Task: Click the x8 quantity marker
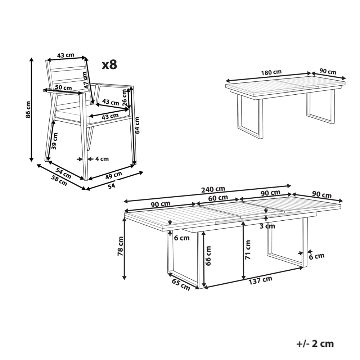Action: [109, 65]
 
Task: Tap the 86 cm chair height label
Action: [28, 109]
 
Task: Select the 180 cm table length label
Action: [271, 73]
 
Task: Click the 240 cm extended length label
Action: [213, 189]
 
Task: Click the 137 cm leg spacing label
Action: [260, 280]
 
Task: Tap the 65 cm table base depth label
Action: [181, 285]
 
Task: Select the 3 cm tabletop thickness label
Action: [267, 226]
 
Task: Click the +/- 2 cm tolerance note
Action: [315, 343]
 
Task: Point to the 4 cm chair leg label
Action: [102, 159]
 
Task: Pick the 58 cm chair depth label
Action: [59, 180]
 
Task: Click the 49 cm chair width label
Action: [114, 175]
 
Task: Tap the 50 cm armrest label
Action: [63, 87]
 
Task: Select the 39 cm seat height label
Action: [54, 141]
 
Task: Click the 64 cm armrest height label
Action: [137, 125]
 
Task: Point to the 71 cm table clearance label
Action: [248, 250]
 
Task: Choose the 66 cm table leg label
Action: [208, 256]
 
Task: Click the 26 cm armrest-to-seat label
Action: [125, 97]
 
